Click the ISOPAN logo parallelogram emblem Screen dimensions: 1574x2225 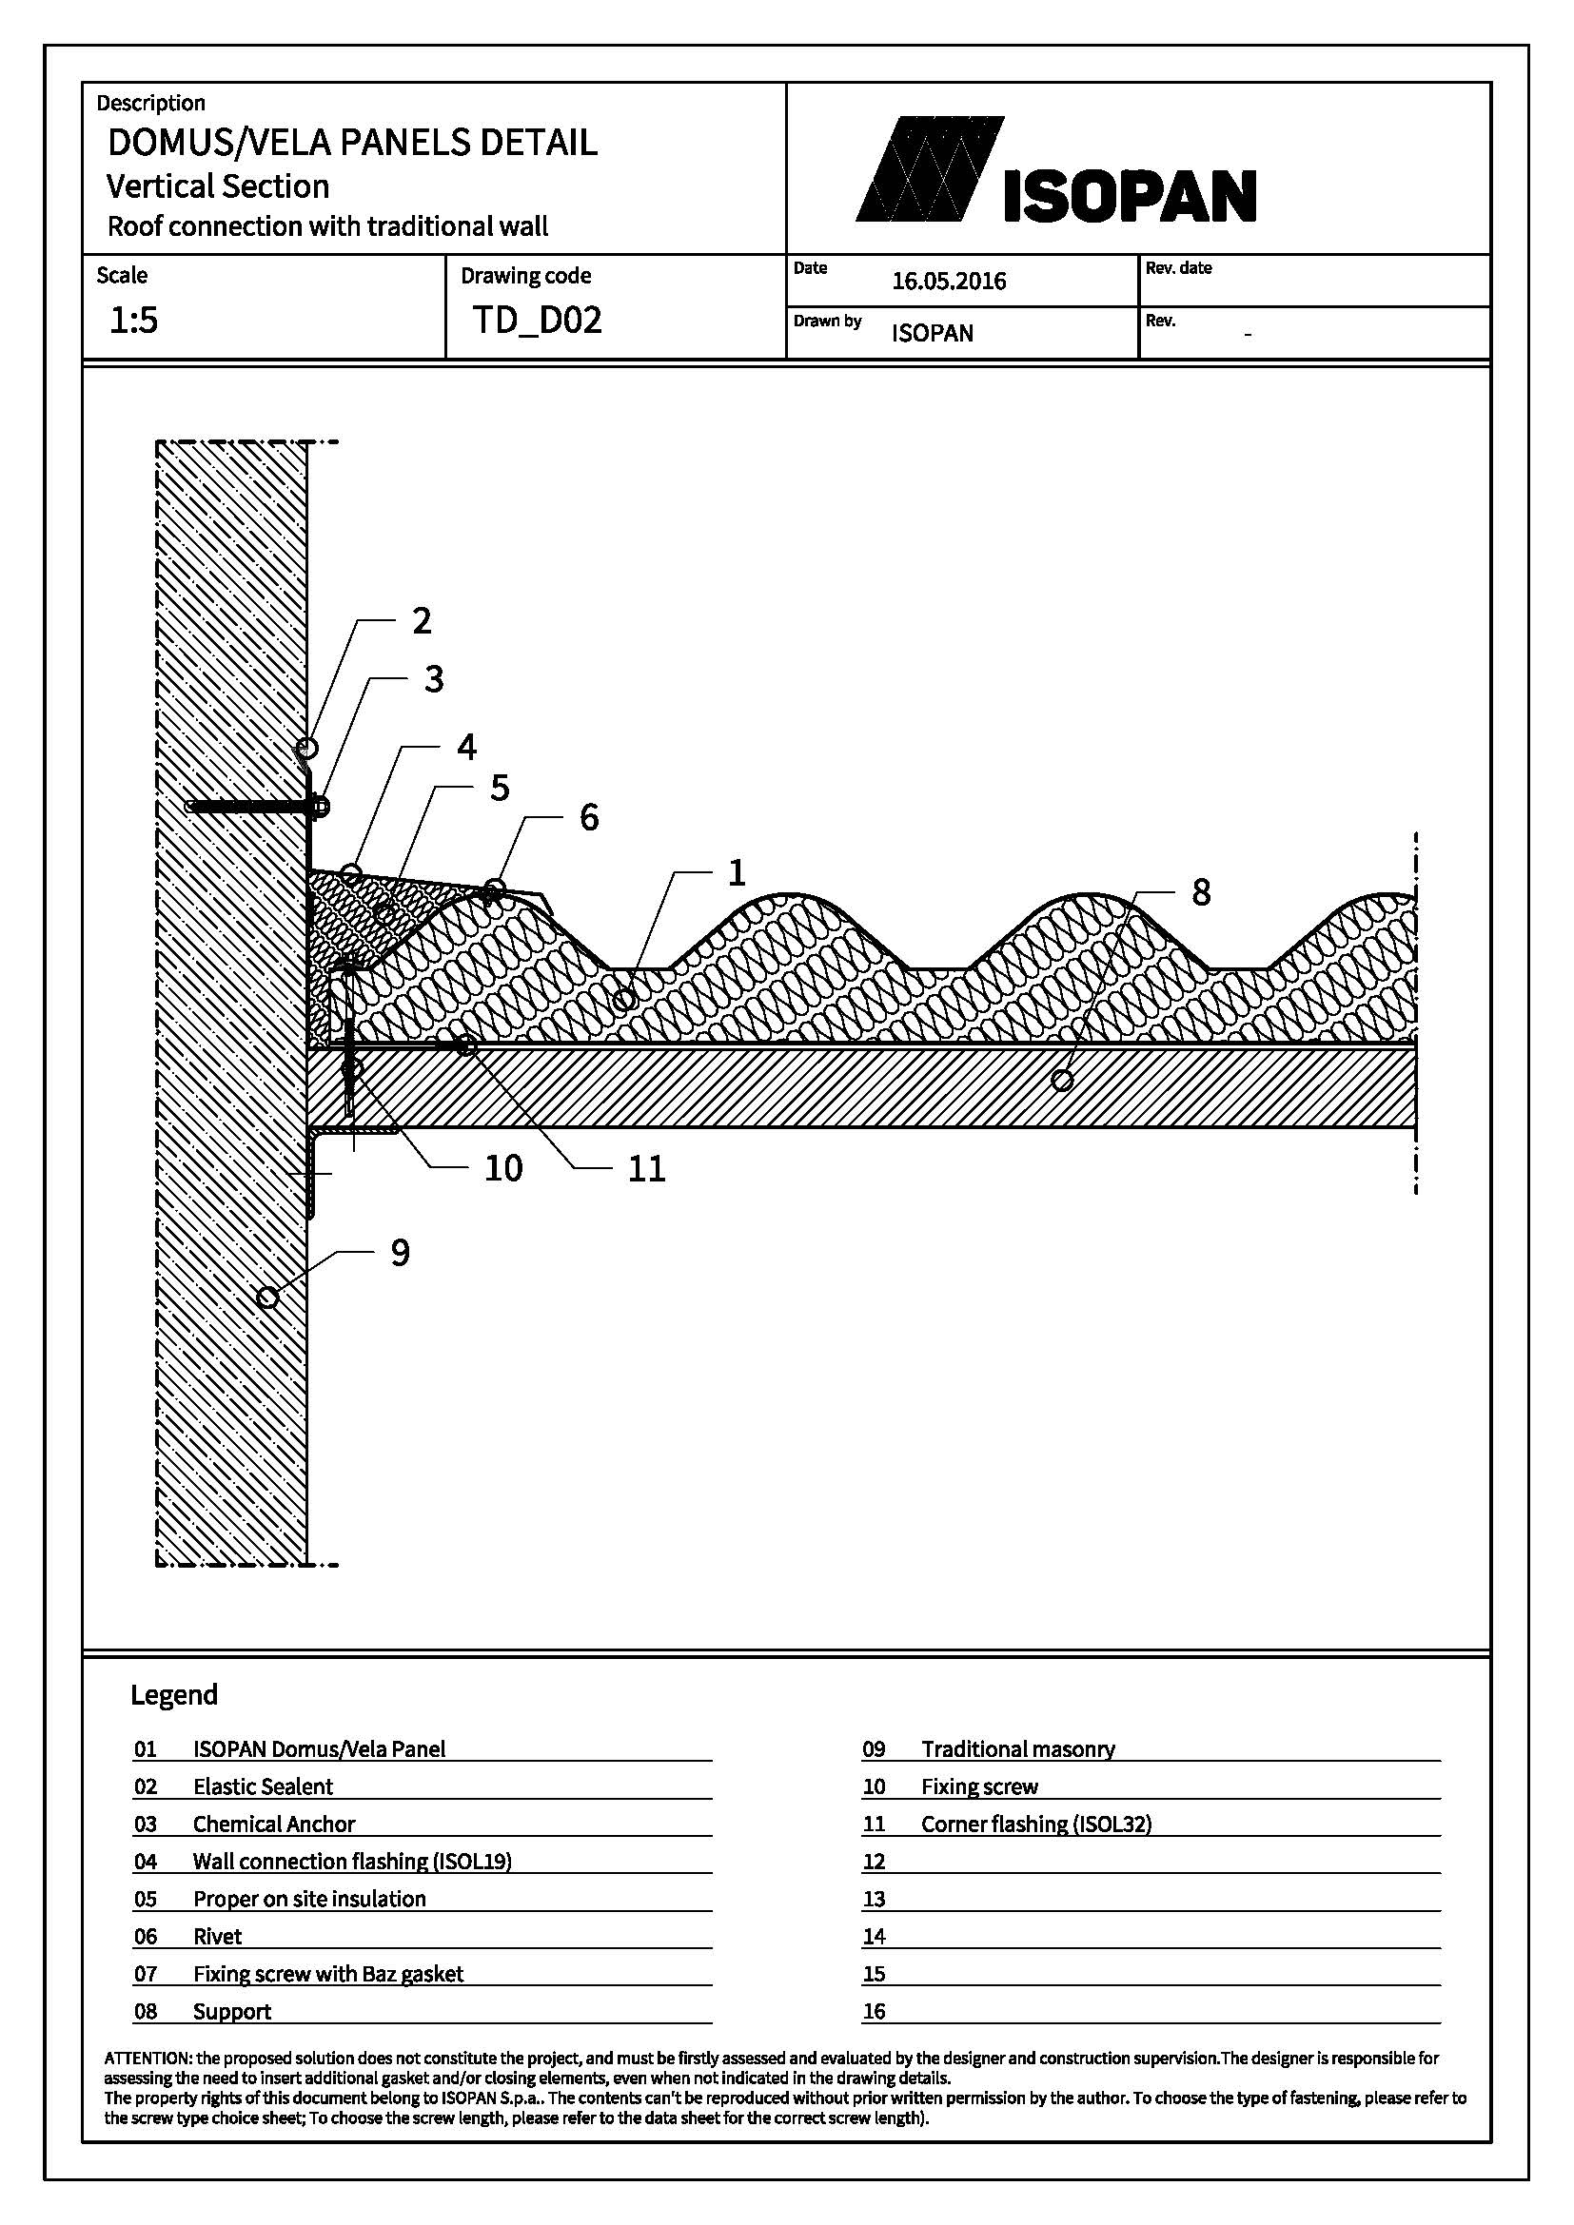[931, 168]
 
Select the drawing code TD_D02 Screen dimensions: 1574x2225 [537, 320]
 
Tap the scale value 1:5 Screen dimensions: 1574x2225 [133, 320]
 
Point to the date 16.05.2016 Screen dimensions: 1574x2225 [949, 281]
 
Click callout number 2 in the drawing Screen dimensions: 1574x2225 [421, 620]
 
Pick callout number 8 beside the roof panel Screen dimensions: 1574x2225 [1201, 892]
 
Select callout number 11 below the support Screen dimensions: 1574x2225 [646, 1169]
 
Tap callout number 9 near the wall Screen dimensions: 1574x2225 [401, 1253]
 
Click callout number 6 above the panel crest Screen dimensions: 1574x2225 [589, 817]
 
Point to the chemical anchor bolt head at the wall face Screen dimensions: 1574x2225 [320, 806]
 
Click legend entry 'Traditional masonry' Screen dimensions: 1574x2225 [1017, 1749]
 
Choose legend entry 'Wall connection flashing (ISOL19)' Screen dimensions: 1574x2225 [352, 1862]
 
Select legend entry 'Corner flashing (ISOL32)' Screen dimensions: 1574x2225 [1036, 1824]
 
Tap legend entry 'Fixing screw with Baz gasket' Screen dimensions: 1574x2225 [327, 1974]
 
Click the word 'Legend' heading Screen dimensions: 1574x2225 [174, 1695]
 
